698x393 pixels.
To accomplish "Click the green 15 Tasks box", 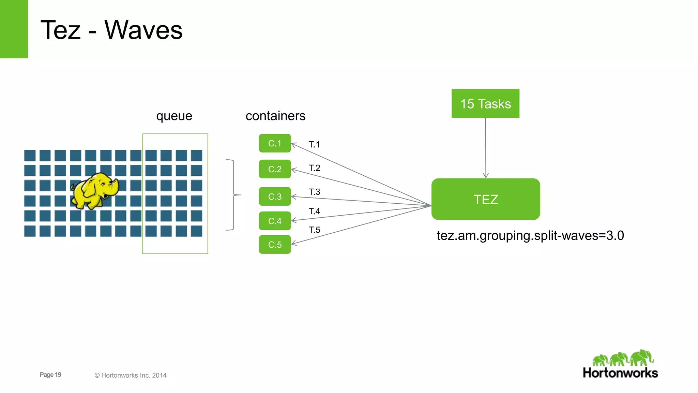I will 485,103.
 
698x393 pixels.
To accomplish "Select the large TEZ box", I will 486,199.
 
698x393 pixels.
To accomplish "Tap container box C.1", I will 275,143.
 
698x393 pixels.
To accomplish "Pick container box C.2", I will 275,169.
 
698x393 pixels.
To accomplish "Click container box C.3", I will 275,196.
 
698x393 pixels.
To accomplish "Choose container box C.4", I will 275,221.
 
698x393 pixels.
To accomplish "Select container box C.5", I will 275,245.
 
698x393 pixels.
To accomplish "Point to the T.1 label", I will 314,145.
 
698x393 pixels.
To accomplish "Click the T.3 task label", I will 314,192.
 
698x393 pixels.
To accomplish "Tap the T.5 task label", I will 314,230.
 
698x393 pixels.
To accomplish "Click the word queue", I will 174,116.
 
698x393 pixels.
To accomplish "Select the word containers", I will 275,116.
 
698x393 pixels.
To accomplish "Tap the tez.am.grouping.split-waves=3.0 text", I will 530,236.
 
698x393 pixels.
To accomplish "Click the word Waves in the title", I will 143,30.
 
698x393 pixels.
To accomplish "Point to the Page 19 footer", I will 50,375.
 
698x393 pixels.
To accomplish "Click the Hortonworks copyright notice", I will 131,375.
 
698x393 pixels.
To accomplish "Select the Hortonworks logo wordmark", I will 620,373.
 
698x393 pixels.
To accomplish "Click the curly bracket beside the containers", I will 233,195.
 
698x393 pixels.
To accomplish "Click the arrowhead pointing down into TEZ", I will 486,175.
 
